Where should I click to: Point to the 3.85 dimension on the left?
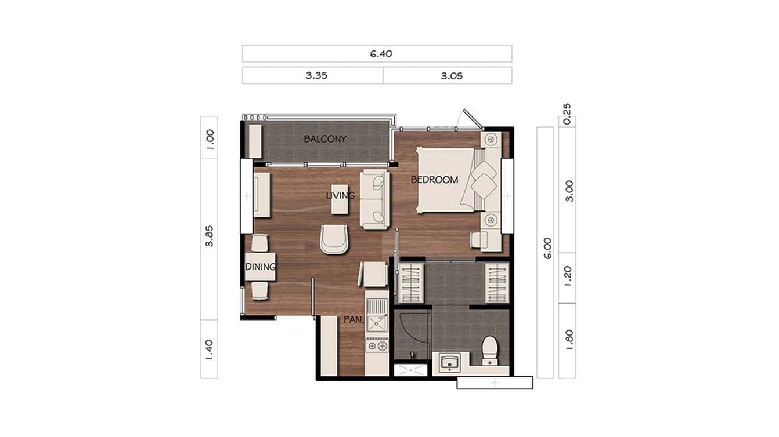(x=210, y=236)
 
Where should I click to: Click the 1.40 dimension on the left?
(x=210, y=348)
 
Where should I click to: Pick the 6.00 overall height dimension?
(x=546, y=248)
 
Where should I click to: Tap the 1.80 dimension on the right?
(x=568, y=340)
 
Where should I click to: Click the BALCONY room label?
(x=325, y=139)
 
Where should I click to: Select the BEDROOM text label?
(x=434, y=180)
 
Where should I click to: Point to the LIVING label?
(x=340, y=196)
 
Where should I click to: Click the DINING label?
(x=259, y=267)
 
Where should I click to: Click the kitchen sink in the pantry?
(x=377, y=316)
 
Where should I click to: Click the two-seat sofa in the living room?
(x=374, y=199)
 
